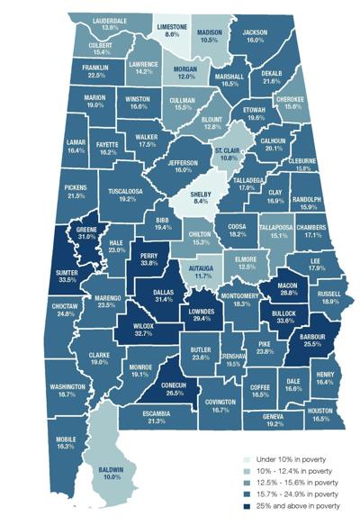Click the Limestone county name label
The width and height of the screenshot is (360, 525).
(171, 25)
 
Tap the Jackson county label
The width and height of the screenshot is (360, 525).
(256, 32)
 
